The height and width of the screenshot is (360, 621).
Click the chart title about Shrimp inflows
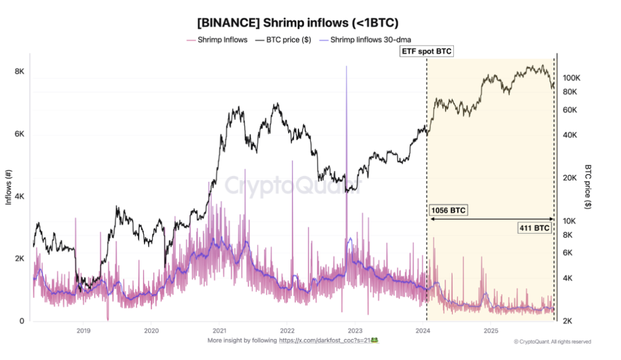pyautogui.click(x=297, y=22)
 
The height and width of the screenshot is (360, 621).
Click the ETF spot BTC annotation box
pyautogui.click(x=427, y=51)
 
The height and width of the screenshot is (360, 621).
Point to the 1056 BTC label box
pyautogui.click(x=448, y=211)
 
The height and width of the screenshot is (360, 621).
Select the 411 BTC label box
pyautogui.click(x=535, y=228)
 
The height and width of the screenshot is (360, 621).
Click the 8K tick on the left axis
pyautogui.click(x=19, y=71)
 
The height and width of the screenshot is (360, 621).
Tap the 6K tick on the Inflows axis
pyautogui.click(x=19, y=134)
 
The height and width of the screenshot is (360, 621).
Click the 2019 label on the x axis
pyautogui.click(x=83, y=330)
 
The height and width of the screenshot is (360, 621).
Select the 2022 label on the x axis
pyautogui.click(x=287, y=330)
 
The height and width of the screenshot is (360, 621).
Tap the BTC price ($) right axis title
pyautogui.click(x=588, y=186)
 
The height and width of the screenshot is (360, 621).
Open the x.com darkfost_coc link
pyautogui.click(x=324, y=340)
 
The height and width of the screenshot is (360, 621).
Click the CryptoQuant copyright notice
pyautogui.click(x=552, y=342)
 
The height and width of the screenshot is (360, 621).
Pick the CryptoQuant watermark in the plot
pyautogui.click(x=292, y=185)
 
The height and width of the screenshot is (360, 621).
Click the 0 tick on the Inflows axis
pyautogui.click(x=21, y=321)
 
